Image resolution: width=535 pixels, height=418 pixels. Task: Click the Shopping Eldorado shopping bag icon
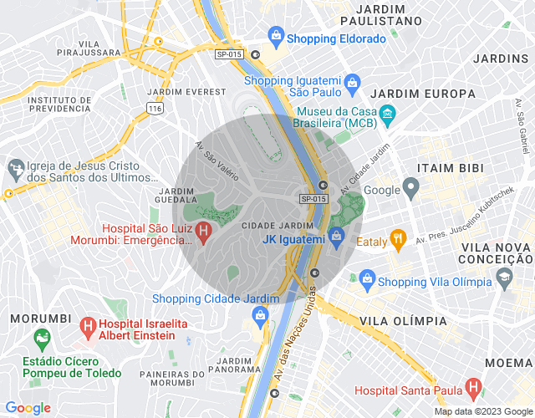[275, 36]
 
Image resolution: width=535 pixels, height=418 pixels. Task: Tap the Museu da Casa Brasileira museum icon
[387, 114]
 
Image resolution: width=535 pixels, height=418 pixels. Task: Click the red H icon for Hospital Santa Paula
[474, 389]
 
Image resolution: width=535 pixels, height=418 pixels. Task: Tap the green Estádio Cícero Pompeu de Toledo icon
[40, 339]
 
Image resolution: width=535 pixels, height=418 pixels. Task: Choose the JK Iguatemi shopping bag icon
[336, 239]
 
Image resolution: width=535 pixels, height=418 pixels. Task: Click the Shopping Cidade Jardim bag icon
[260, 315]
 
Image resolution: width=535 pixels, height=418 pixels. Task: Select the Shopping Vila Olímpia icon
[365, 280]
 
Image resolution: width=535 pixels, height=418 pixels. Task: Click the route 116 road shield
[154, 109]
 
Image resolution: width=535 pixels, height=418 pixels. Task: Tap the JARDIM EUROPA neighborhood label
[410, 92]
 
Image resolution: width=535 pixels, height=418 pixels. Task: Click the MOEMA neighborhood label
[507, 362]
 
